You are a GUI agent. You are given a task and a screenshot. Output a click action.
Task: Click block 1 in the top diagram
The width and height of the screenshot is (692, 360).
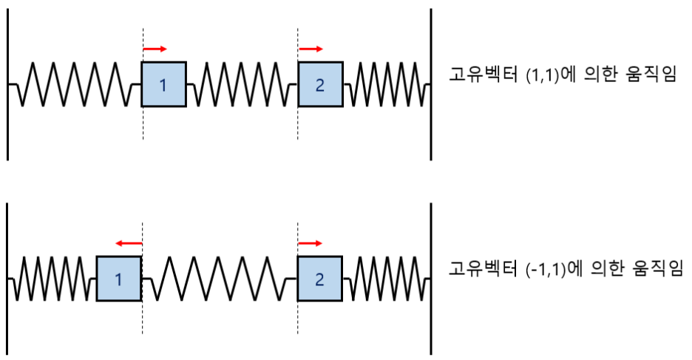tap(163, 85)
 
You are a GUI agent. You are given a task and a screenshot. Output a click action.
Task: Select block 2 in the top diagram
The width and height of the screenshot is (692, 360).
tap(320, 85)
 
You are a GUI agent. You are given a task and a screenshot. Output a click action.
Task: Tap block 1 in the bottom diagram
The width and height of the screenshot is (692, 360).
tap(118, 279)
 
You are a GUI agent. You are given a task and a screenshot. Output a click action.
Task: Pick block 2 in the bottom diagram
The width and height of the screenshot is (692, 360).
tap(320, 279)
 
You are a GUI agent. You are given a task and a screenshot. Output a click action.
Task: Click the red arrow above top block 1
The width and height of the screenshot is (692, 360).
tap(155, 50)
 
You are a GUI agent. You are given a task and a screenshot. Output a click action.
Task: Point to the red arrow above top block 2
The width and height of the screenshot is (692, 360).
tap(311, 50)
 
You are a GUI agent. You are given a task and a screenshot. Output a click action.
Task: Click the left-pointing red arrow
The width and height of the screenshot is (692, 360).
tap(128, 242)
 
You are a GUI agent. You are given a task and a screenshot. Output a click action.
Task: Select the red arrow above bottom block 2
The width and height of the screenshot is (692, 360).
tap(311, 242)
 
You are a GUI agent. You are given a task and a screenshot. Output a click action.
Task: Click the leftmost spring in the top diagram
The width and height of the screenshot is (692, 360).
tap(74, 85)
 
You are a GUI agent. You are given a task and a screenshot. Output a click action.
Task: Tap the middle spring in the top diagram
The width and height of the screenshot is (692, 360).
tap(242, 85)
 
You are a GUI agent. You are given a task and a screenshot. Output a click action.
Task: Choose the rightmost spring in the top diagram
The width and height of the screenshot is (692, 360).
tap(386, 85)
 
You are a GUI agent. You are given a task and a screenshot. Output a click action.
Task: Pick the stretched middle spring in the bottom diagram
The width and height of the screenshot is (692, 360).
tap(219, 279)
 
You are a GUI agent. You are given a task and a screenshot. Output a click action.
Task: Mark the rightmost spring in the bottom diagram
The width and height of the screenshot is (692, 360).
tap(386, 279)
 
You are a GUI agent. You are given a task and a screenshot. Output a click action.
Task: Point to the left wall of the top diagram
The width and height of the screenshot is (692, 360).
tap(7, 85)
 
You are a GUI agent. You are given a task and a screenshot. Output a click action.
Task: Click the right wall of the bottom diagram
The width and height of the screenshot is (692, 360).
tap(431, 279)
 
